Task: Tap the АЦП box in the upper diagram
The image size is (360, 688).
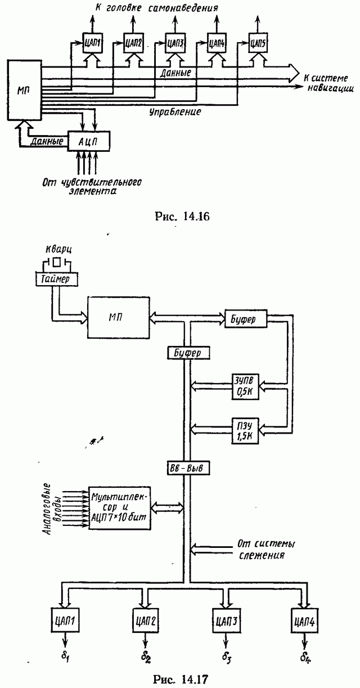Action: tap(89, 140)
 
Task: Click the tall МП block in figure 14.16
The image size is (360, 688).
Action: tap(23, 91)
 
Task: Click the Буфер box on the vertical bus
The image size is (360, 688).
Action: tap(189, 353)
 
